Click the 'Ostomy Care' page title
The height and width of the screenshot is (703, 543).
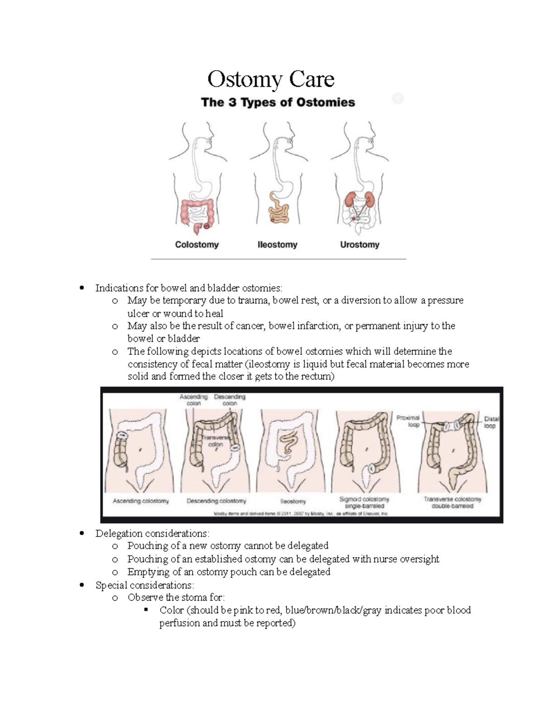(271, 79)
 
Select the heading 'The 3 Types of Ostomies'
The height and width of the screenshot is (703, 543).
(278, 102)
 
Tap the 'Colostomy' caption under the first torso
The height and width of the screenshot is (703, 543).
(197, 244)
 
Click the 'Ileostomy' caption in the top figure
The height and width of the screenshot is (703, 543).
(277, 244)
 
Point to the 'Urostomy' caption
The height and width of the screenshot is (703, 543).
(360, 244)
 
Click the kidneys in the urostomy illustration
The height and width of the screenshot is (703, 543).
(350, 199)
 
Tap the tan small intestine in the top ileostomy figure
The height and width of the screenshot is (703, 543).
(277, 209)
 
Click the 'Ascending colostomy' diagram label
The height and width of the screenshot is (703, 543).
(141, 501)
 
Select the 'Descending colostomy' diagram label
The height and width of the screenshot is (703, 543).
(216, 501)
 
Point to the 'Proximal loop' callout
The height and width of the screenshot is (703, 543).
(408, 421)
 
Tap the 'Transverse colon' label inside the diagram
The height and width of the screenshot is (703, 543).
(215, 441)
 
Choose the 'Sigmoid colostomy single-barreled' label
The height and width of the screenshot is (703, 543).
(364, 502)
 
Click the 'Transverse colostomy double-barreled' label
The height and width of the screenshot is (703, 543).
(452, 502)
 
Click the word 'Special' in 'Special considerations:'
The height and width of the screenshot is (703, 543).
(111, 585)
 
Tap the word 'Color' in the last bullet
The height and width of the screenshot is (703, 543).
(171, 610)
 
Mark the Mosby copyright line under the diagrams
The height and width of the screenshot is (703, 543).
(301, 514)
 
